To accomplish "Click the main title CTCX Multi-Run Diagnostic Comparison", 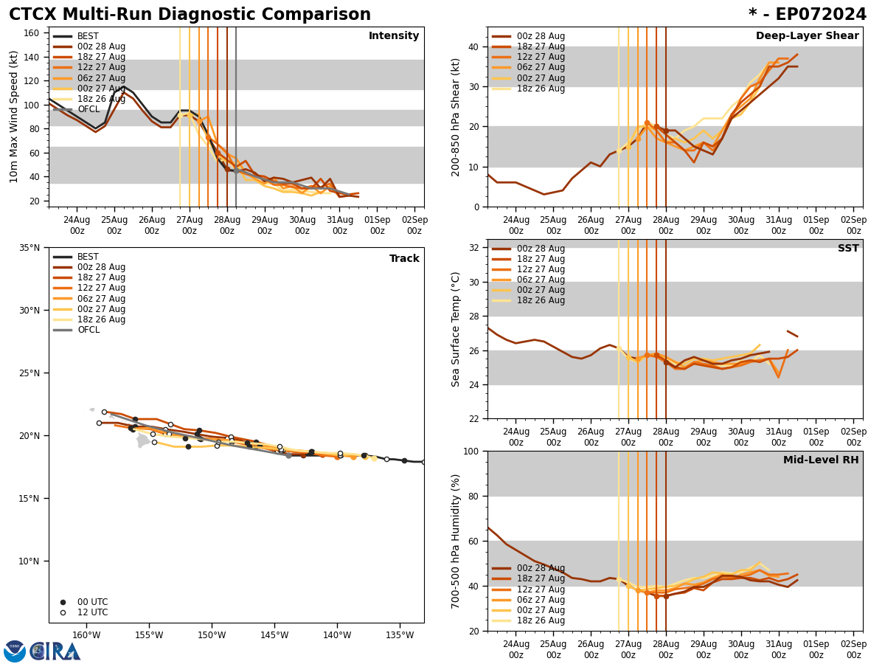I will [190, 15].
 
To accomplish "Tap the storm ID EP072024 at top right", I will [808, 15].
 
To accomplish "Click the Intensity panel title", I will [394, 36].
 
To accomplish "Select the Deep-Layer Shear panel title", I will [807, 36].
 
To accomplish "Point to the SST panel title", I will [848, 249].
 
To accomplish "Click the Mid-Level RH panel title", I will [821, 460].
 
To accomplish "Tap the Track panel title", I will [404, 259].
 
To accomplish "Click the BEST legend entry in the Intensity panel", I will [88, 36].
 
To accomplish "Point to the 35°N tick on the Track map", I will [30, 248].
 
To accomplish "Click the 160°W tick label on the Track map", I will [86, 635].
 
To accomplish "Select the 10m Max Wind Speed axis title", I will [14, 117].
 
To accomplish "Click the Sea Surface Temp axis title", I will [456, 329].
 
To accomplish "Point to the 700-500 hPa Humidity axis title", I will [456, 541].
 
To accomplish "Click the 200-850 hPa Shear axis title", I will [456, 117].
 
